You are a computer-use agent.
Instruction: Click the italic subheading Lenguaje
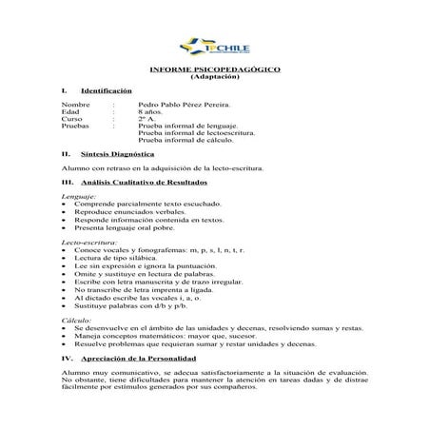point(79,195)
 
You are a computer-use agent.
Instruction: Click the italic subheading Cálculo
point(76,322)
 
